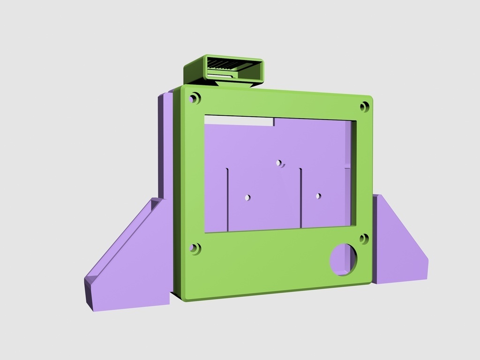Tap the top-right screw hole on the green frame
[x=365, y=107]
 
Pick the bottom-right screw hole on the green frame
[x=364, y=239]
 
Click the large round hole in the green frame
[x=343, y=259]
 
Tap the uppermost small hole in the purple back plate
[x=279, y=163]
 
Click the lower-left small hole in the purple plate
[x=247, y=197]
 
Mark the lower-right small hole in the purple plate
[x=318, y=196]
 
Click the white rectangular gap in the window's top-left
[x=239, y=120]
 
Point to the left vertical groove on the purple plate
[x=228, y=199]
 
